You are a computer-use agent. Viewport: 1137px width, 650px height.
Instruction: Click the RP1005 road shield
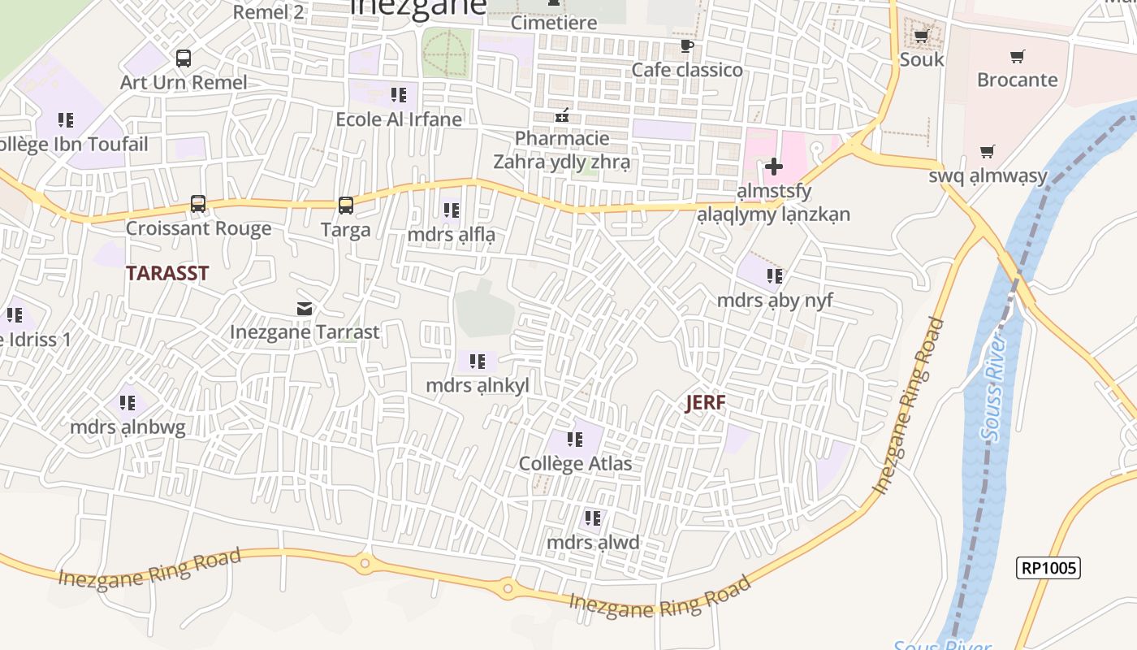(1048, 568)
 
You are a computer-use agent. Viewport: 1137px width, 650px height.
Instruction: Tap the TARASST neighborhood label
(167, 273)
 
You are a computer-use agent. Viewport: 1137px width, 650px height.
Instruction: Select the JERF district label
(705, 402)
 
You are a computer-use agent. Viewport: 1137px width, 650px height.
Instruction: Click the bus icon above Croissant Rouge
(198, 203)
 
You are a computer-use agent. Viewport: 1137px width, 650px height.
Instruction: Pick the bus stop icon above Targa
(346, 205)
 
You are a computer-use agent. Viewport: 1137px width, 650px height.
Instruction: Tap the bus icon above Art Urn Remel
(184, 58)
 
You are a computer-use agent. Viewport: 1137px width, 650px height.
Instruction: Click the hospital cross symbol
(774, 167)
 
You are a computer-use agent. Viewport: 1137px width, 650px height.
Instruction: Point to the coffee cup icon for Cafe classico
(687, 45)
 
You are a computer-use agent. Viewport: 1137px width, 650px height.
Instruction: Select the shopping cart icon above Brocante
(1017, 56)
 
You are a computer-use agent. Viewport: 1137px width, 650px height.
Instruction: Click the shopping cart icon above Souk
(922, 36)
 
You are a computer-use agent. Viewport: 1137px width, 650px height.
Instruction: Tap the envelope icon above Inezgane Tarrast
(305, 309)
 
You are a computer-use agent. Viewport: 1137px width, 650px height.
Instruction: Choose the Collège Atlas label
(575, 464)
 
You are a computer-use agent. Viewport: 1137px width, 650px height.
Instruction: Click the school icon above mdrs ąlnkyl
(478, 361)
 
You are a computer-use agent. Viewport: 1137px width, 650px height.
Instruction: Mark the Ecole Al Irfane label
(399, 119)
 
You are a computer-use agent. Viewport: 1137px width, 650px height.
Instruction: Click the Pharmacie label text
(562, 138)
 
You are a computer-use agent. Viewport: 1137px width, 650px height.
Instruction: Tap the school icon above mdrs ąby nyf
(775, 276)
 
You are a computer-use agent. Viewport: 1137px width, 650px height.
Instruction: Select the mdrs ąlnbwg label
(128, 427)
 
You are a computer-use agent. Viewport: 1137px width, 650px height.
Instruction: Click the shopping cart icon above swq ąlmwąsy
(988, 151)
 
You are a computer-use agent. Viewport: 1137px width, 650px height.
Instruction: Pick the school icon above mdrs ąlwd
(593, 518)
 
